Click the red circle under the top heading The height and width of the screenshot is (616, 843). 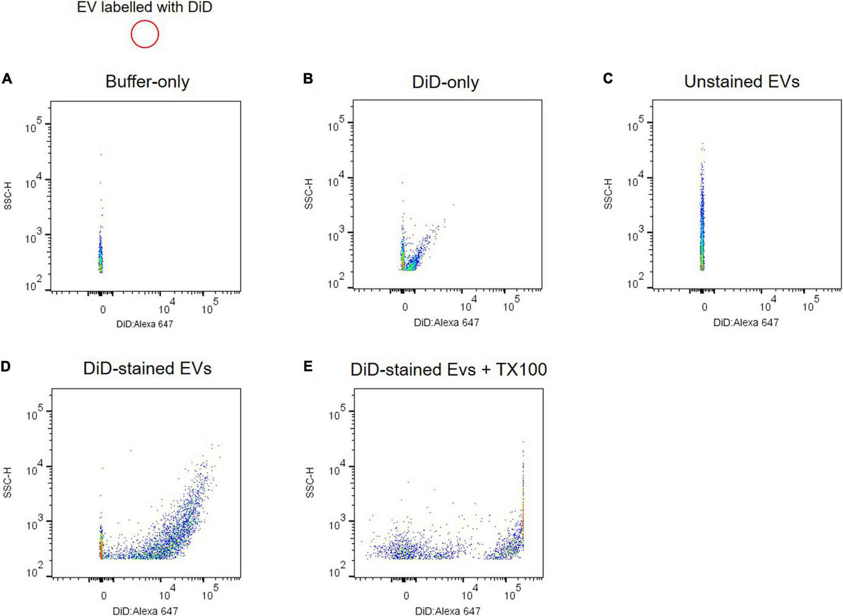pyautogui.click(x=145, y=34)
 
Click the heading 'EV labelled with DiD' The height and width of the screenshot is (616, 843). pyautogui.click(x=145, y=8)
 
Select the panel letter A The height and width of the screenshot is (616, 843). pyautogui.click(x=7, y=78)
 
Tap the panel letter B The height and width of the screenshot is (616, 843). pyautogui.click(x=308, y=78)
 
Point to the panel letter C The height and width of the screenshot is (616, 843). pyautogui.click(x=608, y=78)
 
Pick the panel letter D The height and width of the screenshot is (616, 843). pyautogui.click(x=7, y=366)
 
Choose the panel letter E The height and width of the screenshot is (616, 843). pyautogui.click(x=308, y=366)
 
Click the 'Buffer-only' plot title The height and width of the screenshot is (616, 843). pyautogui.click(x=147, y=82)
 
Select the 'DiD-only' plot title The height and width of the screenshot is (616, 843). pyautogui.click(x=445, y=82)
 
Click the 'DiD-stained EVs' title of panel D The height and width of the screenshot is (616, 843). pyautogui.click(x=147, y=369)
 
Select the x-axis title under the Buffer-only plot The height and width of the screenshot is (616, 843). pyautogui.click(x=145, y=324)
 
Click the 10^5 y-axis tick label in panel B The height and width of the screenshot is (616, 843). pyautogui.click(x=336, y=125)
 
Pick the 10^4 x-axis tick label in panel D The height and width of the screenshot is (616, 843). pyautogui.click(x=167, y=593)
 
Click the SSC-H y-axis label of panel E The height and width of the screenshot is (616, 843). pyautogui.click(x=310, y=482)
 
